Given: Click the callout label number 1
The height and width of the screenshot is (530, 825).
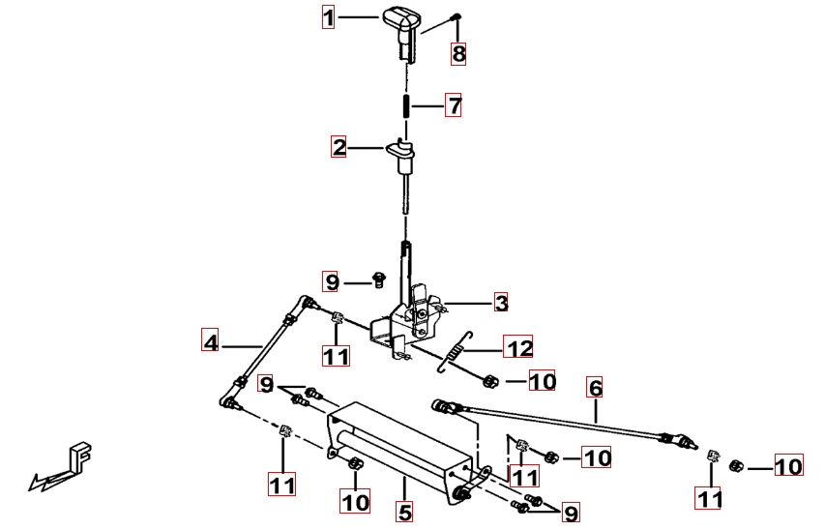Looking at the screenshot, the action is tap(328, 17).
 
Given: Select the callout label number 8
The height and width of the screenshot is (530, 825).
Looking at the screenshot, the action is tap(458, 54).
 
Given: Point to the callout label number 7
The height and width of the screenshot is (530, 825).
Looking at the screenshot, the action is tap(453, 105).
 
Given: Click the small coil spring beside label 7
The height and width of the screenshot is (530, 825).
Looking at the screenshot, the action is tap(406, 105).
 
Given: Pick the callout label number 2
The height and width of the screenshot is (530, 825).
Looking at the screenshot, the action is tap(339, 147).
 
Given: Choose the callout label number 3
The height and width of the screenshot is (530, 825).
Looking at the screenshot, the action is tap(501, 303).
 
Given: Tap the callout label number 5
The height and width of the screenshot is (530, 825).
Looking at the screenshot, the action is tap(404, 512).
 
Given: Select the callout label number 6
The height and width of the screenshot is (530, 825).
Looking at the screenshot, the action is tap(595, 388).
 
